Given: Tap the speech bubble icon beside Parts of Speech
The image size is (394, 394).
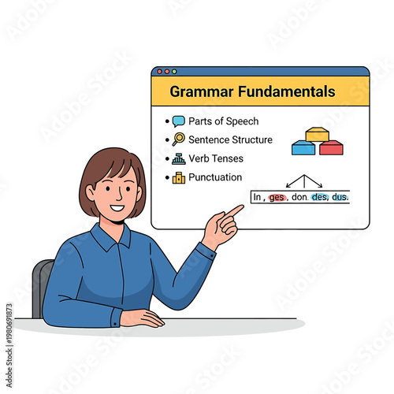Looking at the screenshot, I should click(179, 121).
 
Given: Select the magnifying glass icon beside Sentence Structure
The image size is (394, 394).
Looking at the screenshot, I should click(179, 139).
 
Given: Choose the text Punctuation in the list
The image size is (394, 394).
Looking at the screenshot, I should click(215, 177).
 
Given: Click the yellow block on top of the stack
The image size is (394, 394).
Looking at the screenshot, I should click(317, 134).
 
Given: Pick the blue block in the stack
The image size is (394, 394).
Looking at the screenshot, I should click(303, 147).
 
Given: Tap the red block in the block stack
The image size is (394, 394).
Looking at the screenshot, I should click(331, 147).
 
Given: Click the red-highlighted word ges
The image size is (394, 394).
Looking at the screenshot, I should click(277, 197).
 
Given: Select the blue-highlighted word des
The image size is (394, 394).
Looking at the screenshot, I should click(319, 197).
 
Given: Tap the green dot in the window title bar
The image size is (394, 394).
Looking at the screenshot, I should click(173, 72).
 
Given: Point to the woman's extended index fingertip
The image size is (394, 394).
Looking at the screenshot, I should click(240, 207).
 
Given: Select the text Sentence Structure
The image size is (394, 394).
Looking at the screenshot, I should click(230, 139).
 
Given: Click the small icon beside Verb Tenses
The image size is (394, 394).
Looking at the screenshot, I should click(179, 158).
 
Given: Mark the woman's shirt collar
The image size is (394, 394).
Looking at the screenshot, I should click(110, 236).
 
